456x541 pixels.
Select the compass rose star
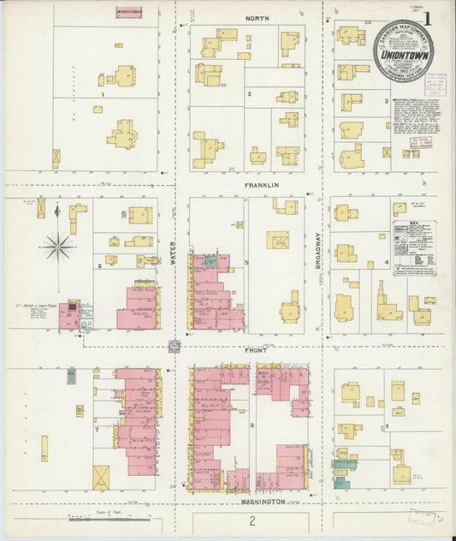click(58, 247)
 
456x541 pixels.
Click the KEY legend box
click(414, 247)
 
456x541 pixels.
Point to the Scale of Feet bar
click(105, 517)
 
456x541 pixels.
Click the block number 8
click(252, 425)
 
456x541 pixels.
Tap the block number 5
click(247, 262)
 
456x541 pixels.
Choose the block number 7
click(97, 430)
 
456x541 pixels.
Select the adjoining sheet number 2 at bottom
click(252, 520)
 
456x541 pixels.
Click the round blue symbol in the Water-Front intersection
click(174, 346)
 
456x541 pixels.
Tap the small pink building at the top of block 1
click(129, 12)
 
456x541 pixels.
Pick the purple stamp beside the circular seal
click(435, 84)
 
